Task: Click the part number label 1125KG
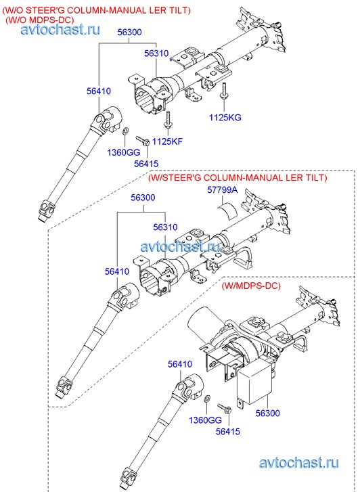pos(225,118)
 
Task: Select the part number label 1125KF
pos(167,141)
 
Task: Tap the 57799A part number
pos(222,190)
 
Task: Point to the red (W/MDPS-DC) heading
pos(251,286)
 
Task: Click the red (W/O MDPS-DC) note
pos(39,20)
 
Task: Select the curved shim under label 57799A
pos(228,210)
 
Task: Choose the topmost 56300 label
pos(130,32)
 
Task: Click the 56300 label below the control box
pos(267,413)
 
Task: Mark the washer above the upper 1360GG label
pos(124,130)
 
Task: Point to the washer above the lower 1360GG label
pos(207,399)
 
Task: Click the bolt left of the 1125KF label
pos(143,141)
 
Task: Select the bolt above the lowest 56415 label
pos(225,408)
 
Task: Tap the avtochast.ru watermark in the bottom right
pos(299,463)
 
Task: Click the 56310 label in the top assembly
pos(156,53)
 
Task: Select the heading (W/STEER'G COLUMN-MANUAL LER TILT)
pos(238,177)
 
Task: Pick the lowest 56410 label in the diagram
pos(180,364)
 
